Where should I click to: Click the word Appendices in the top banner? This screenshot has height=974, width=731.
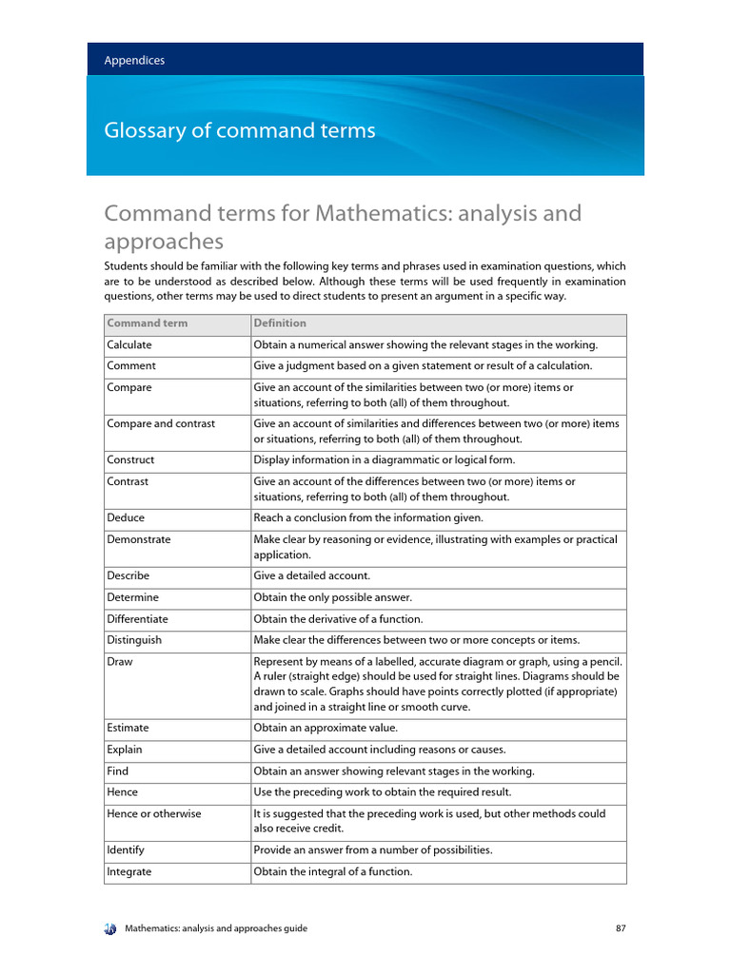point(134,60)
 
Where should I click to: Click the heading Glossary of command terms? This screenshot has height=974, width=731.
point(239,131)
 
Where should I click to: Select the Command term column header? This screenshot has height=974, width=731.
point(148,323)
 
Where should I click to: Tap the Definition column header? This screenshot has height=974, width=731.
point(280,323)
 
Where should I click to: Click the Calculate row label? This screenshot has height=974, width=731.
point(129,345)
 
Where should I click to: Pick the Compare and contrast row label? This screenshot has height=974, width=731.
point(161,423)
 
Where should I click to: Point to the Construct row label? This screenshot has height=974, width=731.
point(130,459)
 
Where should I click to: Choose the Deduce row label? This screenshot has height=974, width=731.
point(126,517)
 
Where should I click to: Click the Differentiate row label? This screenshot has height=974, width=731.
point(137,619)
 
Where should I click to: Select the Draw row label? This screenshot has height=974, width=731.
point(119,662)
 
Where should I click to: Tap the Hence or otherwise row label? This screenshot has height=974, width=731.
point(154,814)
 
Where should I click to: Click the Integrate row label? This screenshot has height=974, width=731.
point(129,871)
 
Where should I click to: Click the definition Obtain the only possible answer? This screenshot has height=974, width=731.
point(332,597)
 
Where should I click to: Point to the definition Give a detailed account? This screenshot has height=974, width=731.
point(312,575)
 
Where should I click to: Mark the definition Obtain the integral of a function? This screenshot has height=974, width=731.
point(333,871)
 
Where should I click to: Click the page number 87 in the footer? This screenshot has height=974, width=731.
point(621,928)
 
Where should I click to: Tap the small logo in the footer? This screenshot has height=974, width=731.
point(109,928)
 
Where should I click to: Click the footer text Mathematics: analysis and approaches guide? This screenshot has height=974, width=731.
point(217,928)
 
